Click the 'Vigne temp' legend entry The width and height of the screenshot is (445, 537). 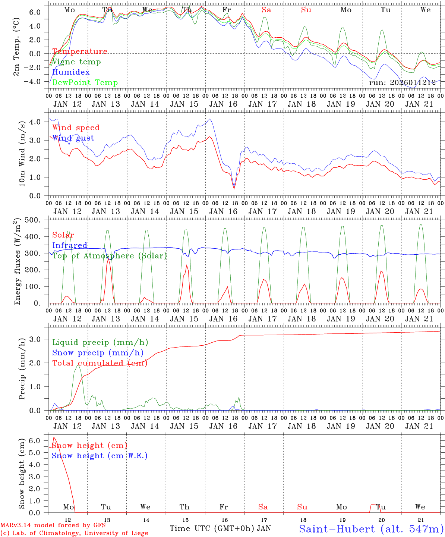tap(76, 62)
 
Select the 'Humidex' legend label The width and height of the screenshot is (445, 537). tap(71, 72)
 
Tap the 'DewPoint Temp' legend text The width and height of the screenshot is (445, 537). tap(85, 83)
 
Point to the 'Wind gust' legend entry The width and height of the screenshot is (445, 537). tap(73, 138)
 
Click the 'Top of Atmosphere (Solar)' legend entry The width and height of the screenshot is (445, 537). tap(110, 256)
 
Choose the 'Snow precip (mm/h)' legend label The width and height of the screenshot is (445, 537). tap(98, 353)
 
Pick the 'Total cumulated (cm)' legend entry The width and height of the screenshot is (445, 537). tap(100, 363)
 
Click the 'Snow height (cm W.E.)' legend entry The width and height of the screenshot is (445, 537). tap(100, 456)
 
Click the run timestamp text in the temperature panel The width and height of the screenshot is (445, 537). tap(402, 83)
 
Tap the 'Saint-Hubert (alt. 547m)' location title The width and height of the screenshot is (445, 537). tap(371, 529)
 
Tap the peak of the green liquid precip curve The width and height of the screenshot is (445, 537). tap(78, 365)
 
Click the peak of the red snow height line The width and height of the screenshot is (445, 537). tap(54, 437)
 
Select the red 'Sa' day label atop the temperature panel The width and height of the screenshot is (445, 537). tap(266, 10)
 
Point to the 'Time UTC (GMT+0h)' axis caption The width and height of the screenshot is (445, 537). tap(212, 528)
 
